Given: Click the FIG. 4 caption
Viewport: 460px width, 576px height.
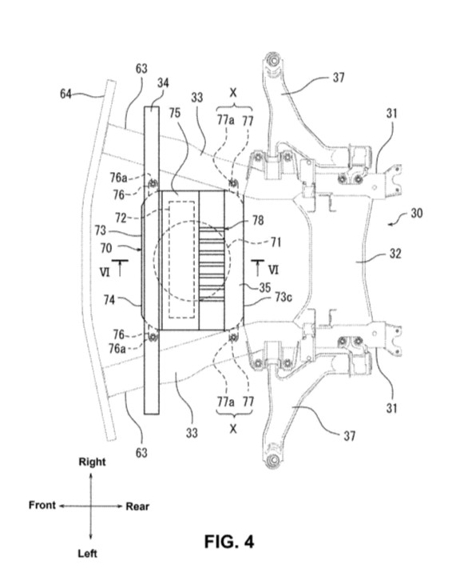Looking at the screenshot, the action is (229, 542).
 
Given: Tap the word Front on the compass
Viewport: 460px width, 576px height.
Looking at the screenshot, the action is (42, 505).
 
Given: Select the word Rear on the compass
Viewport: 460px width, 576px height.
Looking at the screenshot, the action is (137, 506).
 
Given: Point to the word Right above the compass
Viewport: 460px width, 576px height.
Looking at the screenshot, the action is (92, 462).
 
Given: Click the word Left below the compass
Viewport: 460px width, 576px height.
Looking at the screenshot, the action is (87, 554).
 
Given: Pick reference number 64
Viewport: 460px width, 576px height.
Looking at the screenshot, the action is (65, 94).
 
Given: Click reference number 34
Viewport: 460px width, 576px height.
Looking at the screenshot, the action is (163, 83).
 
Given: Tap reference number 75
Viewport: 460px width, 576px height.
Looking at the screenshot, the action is (175, 113).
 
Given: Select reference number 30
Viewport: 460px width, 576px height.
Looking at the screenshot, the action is (417, 213).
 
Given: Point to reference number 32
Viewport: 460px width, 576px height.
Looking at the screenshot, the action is (395, 254).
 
